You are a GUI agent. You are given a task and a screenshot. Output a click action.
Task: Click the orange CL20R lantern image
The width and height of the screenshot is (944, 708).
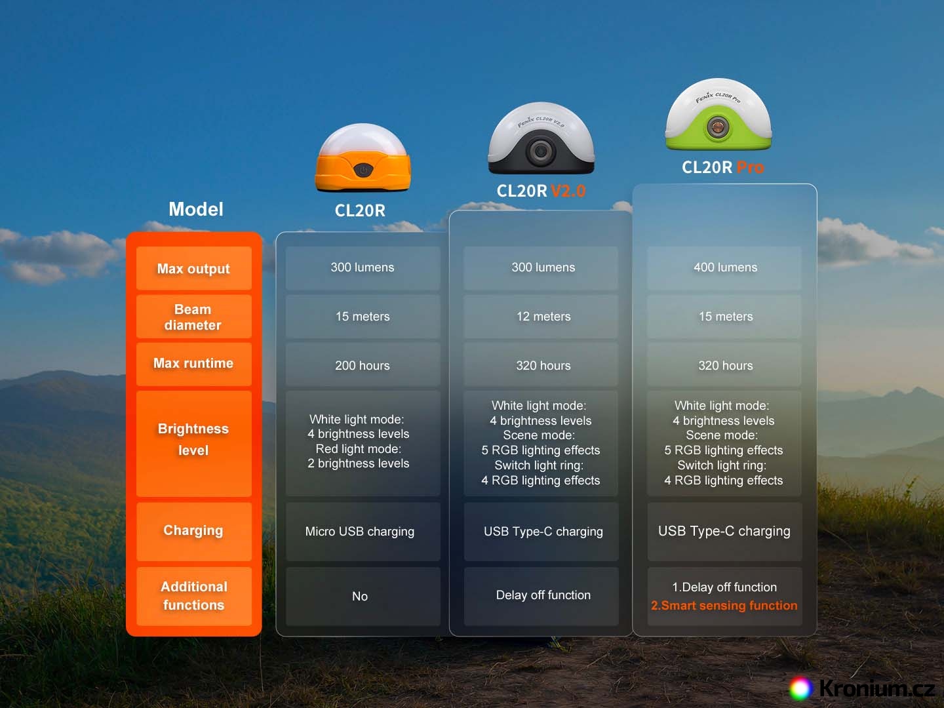(363, 159)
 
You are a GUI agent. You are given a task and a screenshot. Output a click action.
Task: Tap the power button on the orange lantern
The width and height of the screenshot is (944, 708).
(363, 170)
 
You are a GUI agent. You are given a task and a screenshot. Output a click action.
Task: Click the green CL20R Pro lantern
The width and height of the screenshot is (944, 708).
(718, 115)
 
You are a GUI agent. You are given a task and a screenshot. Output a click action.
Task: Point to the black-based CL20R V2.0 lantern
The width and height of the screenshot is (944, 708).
(541, 139)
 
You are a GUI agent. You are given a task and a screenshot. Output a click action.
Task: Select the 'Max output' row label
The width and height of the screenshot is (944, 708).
(193, 269)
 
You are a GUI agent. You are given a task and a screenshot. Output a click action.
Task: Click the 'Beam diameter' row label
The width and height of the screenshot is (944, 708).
(193, 317)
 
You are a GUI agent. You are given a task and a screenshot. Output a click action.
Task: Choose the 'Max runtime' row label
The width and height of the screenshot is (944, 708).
(193, 364)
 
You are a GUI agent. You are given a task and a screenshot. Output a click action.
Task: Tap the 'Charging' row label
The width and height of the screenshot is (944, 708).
(193, 530)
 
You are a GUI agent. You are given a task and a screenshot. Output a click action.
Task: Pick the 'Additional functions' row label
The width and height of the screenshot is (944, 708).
(193, 596)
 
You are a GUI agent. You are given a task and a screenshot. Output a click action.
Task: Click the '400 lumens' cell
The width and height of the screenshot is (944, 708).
(725, 267)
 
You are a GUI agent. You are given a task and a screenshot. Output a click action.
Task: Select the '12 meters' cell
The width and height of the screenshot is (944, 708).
(543, 317)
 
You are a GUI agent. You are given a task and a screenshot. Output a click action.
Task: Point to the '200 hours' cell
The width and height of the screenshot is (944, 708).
(363, 366)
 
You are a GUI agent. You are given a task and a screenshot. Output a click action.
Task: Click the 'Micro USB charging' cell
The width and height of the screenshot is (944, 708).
(360, 532)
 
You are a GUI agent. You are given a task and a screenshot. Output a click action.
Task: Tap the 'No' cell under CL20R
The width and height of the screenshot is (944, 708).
(360, 597)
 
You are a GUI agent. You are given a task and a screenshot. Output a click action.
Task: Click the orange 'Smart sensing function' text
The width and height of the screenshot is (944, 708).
(724, 606)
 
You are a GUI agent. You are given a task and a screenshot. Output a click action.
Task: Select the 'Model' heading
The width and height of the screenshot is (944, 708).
(196, 210)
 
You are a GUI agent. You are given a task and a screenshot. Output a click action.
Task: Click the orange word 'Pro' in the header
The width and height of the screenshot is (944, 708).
(751, 168)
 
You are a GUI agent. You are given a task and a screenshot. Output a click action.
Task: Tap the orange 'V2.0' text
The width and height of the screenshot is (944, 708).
(568, 191)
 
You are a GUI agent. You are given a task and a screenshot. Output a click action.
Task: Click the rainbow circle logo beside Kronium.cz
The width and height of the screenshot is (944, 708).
(800, 688)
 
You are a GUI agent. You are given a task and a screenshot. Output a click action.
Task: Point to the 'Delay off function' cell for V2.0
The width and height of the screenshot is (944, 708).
(543, 595)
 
